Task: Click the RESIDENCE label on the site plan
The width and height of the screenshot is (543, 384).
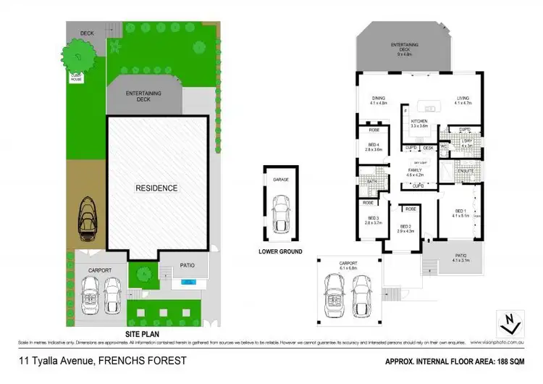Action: (157, 188)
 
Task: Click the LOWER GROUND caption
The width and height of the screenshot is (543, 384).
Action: (279, 253)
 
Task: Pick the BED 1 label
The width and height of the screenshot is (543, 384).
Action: (460, 212)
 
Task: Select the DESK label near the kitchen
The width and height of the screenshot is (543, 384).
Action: (428, 148)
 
